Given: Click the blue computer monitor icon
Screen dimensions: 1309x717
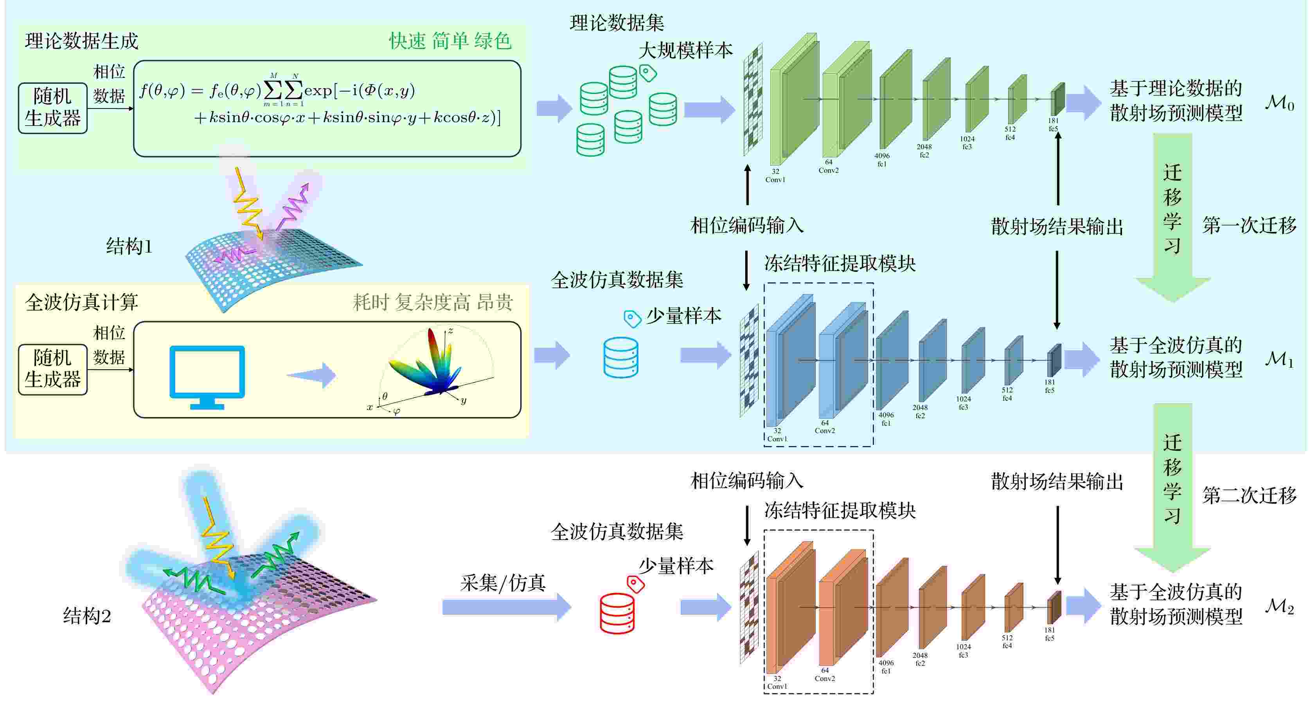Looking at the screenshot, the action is click(x=207, y=377).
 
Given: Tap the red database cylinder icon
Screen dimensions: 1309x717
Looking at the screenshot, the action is click(x=617, y=613).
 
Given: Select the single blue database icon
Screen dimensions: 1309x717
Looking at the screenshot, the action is click(x=621, y=358).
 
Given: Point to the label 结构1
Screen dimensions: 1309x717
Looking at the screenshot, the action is click(x=129, y=247).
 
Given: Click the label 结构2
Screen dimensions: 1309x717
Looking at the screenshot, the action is click(x=87, y=616).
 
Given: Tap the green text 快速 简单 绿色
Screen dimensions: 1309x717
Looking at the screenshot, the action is click(x=450, y=41).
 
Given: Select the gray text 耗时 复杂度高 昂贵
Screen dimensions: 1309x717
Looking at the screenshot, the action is click(x=432, y=303).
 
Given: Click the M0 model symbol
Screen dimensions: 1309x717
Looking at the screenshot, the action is click(x=1279, y=103).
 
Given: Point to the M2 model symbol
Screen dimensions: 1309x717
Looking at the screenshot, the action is click(x=1279, y=606).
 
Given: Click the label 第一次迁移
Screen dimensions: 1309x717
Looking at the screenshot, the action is click(x=1249, y=225).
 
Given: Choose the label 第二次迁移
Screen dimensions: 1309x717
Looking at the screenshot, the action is click(x=1249, y=495).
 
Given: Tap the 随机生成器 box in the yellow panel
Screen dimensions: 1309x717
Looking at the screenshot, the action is click(x=53, y=370).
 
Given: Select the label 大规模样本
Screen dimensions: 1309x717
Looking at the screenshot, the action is click(x=685, y=51).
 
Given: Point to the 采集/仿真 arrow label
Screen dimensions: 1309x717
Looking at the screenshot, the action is click(x=503, y=583).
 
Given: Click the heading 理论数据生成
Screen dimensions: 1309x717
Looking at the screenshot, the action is click(x=81, y=41).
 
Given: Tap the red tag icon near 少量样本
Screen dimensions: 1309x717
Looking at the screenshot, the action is click(x=635, y=584).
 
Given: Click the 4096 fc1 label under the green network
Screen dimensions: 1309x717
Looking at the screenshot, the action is click(x=882, y=160).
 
